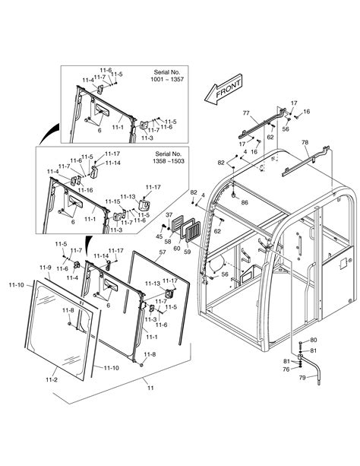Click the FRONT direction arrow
click(223, 90)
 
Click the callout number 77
click(246, 113)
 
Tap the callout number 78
click(305, 142)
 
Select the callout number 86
click(245, 202)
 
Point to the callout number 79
click(302, 378)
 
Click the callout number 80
click(314, 340)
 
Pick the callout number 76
click(286, 369)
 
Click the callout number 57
click(163, 252)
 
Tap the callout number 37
click(169, 214)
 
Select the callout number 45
click(159, 237)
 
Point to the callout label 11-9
click(45, 268)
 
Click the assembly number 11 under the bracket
click(150, 388)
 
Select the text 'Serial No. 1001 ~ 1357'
click(167, 76)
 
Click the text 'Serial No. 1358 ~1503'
click(169, 157)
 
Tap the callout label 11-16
click(85, 190)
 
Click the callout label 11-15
click(112, 201)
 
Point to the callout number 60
click(177, 248)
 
